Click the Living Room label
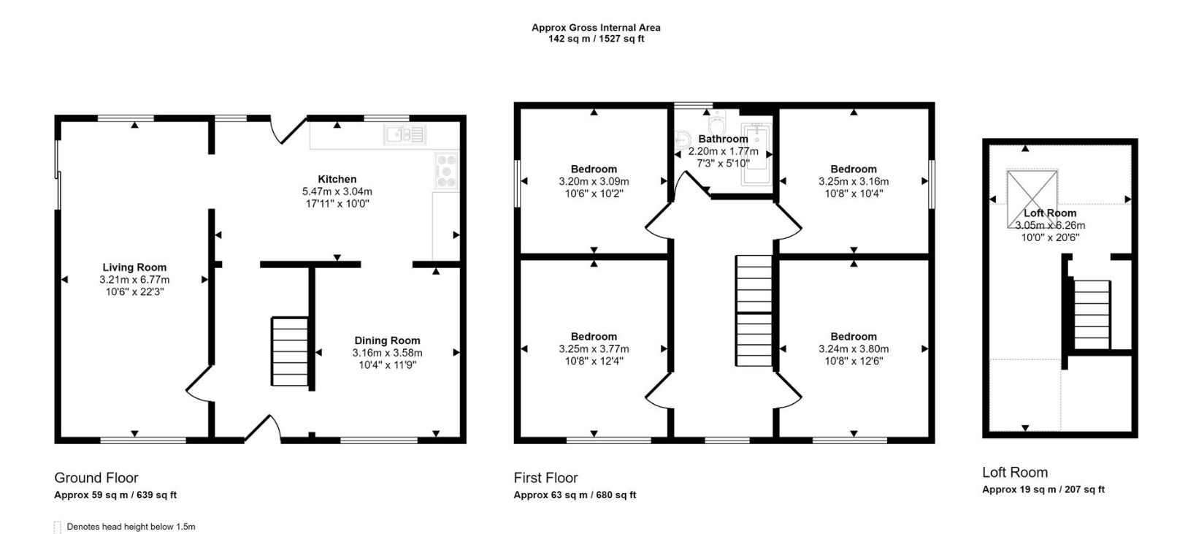point(134,267)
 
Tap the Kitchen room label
point(337,179)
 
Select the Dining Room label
point(387,340)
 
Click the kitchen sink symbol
point(405,134)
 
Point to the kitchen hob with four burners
point(446,171)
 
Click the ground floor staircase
point(291,351)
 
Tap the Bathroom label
point(723,139)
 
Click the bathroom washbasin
point(683,139)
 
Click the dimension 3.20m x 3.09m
point(594,181)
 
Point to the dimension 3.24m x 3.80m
point(854,349)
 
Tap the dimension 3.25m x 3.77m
point(594,349)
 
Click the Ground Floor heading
point(96,478)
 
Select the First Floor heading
point(545,478)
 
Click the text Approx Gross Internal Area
point(596,28)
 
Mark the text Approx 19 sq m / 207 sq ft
point(1043,489)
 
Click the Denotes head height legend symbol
point(58,527)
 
